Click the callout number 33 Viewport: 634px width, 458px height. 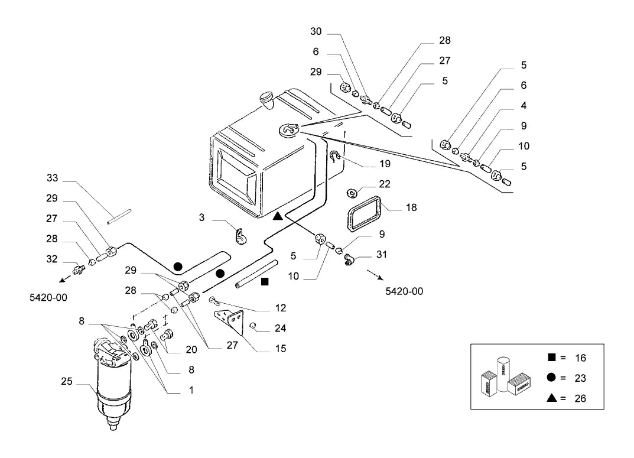click(x=52, y=178)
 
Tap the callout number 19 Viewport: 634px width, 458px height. click(x=385, y=164)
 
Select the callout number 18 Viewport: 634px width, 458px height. click(x=411, y=207)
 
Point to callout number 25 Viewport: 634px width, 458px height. click(x=67, y=381)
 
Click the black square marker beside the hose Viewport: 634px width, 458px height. click(x=265, y=282)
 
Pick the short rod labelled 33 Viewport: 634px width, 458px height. click(x=119, y=216)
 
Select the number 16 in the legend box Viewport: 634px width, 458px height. click(x=580, y=358)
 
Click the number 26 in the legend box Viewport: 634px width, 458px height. click(x=580, y=398)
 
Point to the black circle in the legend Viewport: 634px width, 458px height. click(x=551, y=377)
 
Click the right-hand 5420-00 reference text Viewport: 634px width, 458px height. click(x=404, y=291)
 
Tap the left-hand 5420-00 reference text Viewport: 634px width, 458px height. click(x=48, y=297)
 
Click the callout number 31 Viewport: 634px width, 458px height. click(x=381, y=254)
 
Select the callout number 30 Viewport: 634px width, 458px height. click(x=316, y=31)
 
